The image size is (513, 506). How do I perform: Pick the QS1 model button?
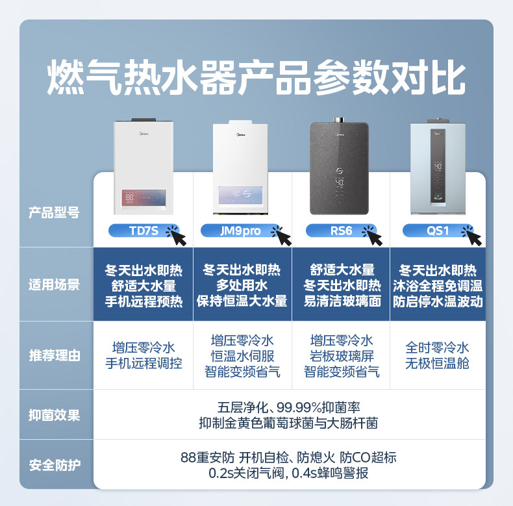point(437,231)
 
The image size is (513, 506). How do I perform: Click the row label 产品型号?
point(55,212)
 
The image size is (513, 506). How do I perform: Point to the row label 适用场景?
point(55,285)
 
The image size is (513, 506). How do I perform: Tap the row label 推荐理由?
point(55,355)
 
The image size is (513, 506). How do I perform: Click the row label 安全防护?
point(55,465)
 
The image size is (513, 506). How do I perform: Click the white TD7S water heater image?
point(144,168)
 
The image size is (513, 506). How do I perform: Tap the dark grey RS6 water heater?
point(340,168)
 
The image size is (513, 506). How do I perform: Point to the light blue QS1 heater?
point(438,168)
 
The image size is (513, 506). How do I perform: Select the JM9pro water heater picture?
point(242,168)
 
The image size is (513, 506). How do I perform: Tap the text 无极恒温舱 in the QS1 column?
point(437,364)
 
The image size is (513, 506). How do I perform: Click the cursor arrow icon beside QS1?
point(473,236)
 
